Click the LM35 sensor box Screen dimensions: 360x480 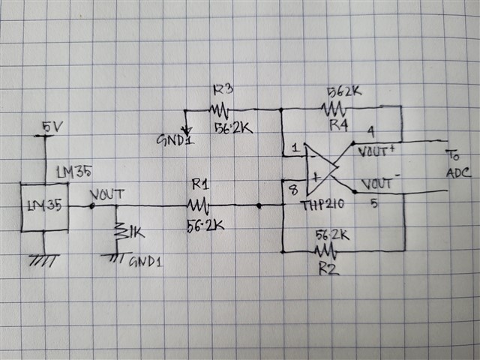43,205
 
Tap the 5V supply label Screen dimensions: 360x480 52,127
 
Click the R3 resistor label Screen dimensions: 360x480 222,89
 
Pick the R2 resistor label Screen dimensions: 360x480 329,267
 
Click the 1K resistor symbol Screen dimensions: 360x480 118,232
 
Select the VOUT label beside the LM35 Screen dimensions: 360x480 106,193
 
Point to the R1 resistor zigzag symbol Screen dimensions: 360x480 199,204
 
